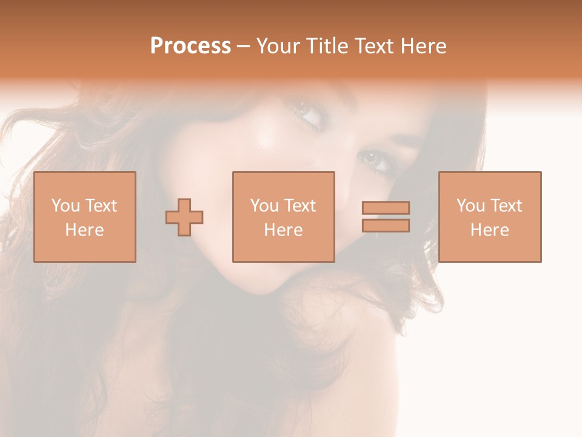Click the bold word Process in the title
190,46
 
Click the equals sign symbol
386,217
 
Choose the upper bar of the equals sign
386,208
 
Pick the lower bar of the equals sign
386,226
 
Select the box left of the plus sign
85,217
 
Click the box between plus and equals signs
284,217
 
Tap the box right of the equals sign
490,217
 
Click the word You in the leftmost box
65,206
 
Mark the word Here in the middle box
284,230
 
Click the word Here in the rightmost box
490,230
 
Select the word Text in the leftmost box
101,206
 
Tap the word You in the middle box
264,206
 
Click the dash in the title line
244,46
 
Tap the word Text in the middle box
299,206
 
